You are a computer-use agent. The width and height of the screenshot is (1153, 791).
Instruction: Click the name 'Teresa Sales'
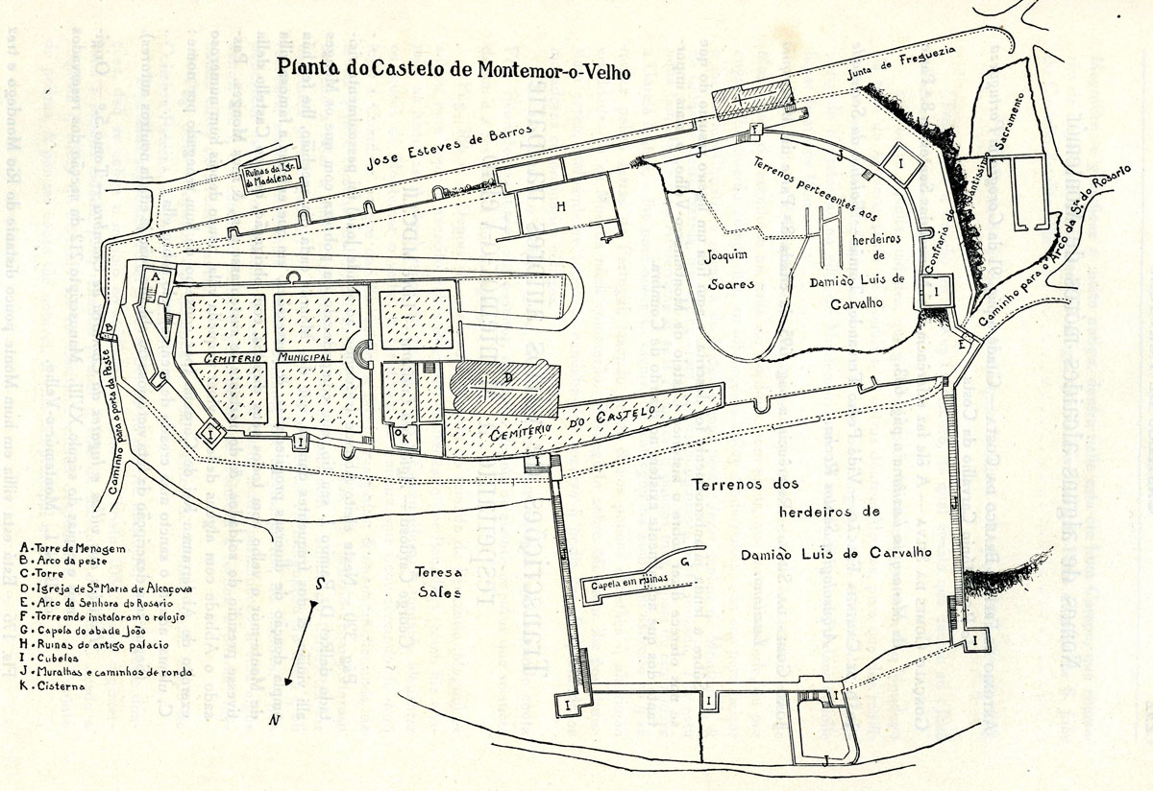(x=432, y=582)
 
